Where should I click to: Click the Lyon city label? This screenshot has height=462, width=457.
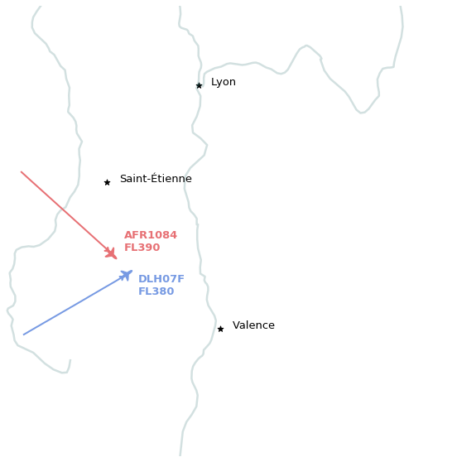click(x=224, y=82)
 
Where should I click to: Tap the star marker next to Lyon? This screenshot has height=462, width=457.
click(x=200, y=86)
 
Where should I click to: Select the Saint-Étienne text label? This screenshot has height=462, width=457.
click(x=156, y=178)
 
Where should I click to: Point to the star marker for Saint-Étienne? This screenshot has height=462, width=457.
click(x=108, y=183)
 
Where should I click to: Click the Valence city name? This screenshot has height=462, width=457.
click(x=253, y=325)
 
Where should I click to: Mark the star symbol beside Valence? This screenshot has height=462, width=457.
click(x=221, y=330)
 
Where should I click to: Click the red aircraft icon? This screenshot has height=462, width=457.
click(x=111, y=253)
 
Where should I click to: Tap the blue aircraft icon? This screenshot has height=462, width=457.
click(x=126, y=275)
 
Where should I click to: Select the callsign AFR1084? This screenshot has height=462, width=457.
click(x=151, y=235)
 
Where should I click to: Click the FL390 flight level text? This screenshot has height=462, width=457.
click(x=142, y=248)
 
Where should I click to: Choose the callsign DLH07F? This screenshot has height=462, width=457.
click(x=161, y=279)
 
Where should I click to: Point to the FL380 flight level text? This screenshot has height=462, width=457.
click(x=156, y=291)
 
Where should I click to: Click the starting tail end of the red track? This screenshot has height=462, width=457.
click(x=21, y=171)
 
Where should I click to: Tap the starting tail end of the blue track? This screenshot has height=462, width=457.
click(x=23, y=334)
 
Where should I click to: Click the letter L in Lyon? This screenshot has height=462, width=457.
click(x=214, y=82)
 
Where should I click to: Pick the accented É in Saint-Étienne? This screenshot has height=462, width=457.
click(x=155, y=178)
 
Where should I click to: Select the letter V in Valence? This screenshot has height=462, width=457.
click(x=236, y=325)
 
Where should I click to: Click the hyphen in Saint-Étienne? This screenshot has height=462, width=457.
click(x=149, y=180)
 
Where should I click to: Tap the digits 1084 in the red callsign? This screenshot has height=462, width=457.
click(x=163, y=235)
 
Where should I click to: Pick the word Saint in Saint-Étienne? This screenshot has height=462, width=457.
click(x=133, y=179)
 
